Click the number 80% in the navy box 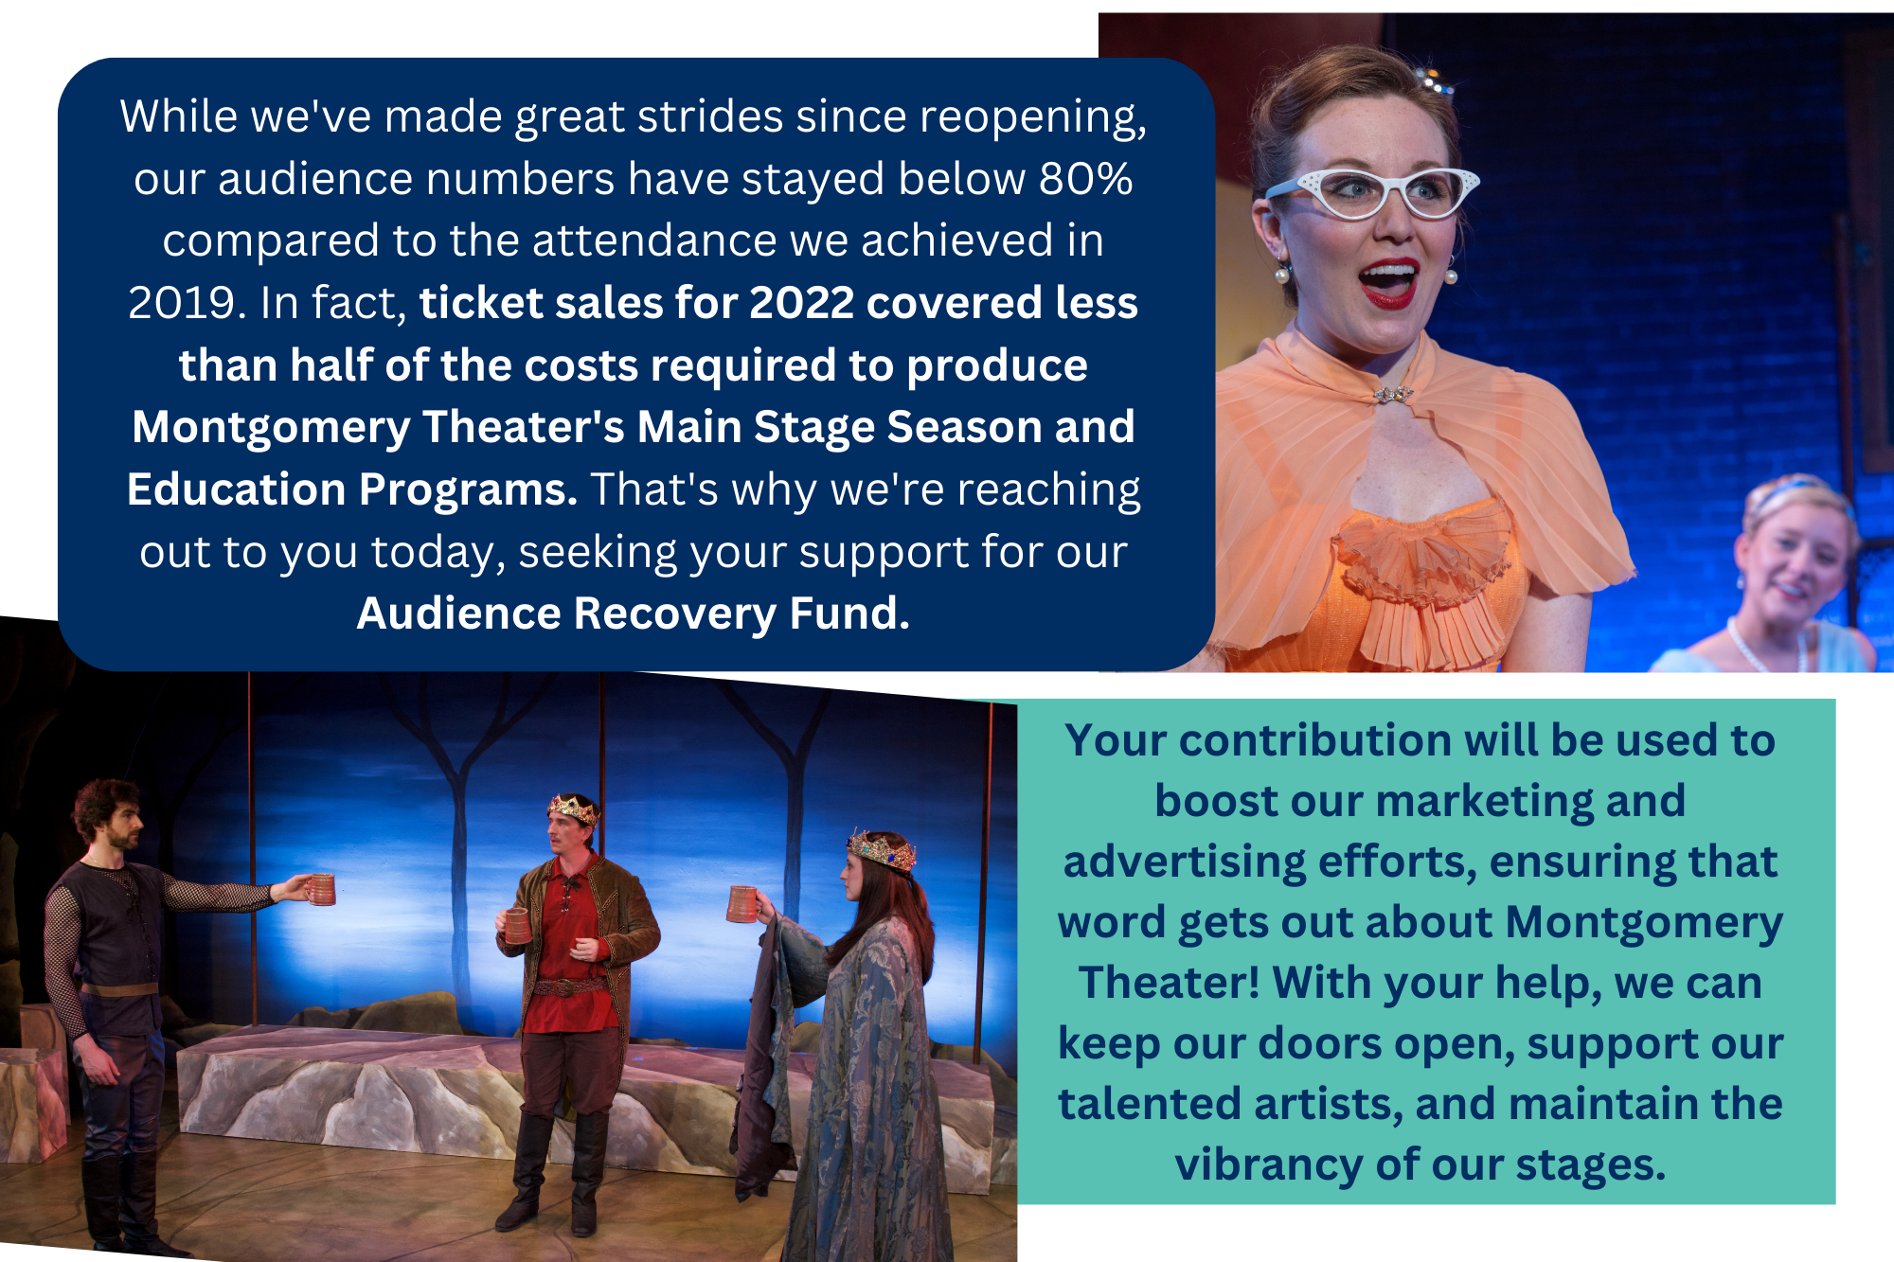click(x=1085, y=178)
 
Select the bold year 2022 click(x=802, y=303)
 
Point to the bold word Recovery click(x=675, y=613)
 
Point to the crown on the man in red click(x=573, y=808)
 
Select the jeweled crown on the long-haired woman click(x=882, y=849)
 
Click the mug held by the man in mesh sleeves click(x=322, y=889)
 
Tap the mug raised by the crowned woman click(x=742, y=903)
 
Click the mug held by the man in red click(x=517, y=925)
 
